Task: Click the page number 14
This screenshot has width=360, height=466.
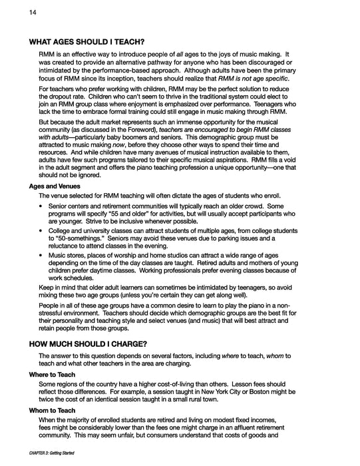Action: click(15, 12)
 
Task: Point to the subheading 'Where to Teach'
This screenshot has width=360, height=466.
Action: click(52, 375)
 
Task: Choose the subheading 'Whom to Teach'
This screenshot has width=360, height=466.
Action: click(52, 411)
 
